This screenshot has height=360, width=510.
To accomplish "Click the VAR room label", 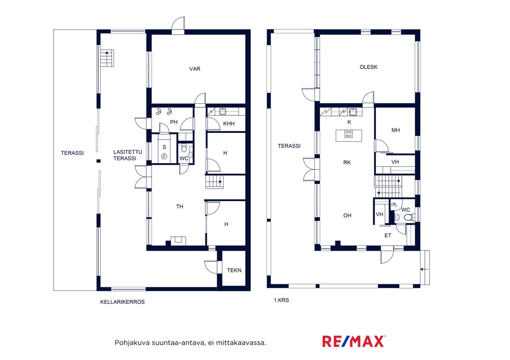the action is click(x=195, y=69).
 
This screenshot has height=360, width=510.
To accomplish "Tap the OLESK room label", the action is click(x=369, y=67).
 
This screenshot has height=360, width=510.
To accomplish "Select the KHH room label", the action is click(x=229, y=123).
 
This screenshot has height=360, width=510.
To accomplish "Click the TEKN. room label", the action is click(x=235, y=270).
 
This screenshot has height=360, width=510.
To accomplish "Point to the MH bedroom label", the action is click(x=395, y=130).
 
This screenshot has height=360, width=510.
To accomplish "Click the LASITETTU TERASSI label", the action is click(x=127, y=155).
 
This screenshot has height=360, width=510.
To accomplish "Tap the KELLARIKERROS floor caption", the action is click(x=122, y=302).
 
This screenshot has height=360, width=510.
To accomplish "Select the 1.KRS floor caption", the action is click(x=281, y=300).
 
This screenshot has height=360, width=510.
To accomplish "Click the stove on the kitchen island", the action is click(x=349, y=134).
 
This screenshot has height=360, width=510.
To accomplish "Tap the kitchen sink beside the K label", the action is click(x=353, y=112).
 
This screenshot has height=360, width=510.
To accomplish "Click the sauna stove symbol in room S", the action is click(x=164, y=157).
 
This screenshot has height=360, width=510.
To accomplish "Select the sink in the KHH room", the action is click(x=223, y=112).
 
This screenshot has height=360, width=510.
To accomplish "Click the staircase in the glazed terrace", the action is click(x=107, y=58).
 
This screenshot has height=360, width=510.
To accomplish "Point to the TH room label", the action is click(x=179, y=207).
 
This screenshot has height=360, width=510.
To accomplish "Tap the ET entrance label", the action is click(x=388, y=235).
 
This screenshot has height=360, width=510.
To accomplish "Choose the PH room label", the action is click(x=174, y=122).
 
